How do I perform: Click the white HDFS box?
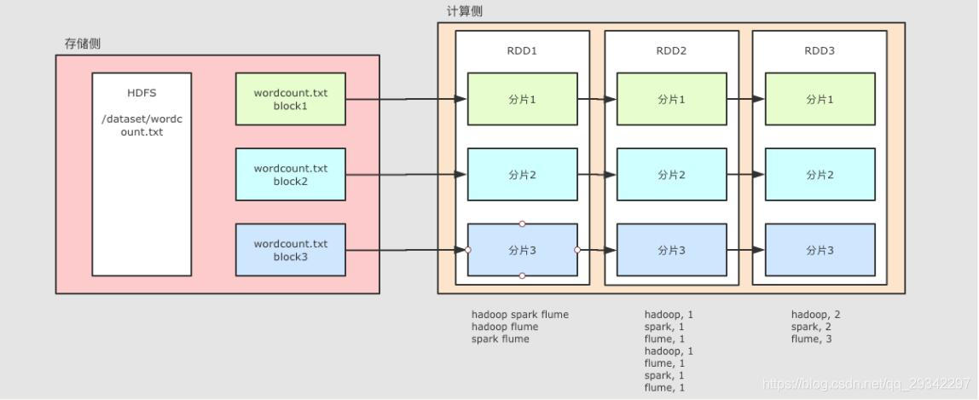tap(142, 174)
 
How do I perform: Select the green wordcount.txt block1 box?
tap(290, 99)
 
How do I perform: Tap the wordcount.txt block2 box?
tap(290, 175)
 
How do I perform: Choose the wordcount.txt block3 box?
tap(290, 250)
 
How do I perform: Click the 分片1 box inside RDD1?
tap(522, 99)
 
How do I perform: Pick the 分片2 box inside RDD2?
tap(671, 175)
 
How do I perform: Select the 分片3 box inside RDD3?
tap(820, 250)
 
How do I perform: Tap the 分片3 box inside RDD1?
tap(522, 250)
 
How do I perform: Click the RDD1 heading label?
tap(522, 51)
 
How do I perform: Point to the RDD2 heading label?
tap(671, 51)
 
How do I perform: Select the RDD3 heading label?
tap(820, 51)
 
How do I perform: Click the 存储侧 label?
tap(83, 43)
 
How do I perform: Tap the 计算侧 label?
tap(465, 11)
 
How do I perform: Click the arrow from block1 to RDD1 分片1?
tap(406, 99)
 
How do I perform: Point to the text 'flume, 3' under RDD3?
tap(811, 339)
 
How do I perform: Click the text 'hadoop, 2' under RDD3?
tap(815, 315)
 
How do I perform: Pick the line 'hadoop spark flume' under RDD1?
tap(519, 315)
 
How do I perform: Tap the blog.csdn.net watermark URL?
tap(866, 385)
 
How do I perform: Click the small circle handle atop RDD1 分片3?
tap(522, 224)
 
